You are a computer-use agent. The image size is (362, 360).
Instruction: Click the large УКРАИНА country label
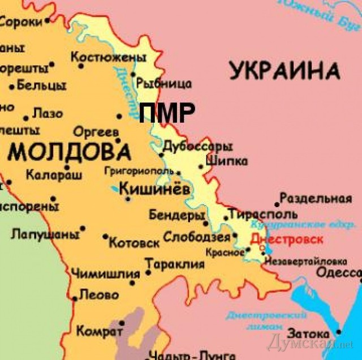tap(285, 71)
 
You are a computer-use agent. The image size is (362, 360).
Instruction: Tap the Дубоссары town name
tap(197, 147)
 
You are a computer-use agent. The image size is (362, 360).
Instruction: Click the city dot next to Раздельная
tap(277, 204)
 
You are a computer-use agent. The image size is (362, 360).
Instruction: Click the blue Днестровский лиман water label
tap(265, 320)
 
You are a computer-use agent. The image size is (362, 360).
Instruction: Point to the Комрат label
tap(99, 331)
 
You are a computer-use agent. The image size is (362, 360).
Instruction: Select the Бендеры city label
tap(177, 216)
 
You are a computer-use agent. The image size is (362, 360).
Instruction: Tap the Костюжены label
tap(108, 58)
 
